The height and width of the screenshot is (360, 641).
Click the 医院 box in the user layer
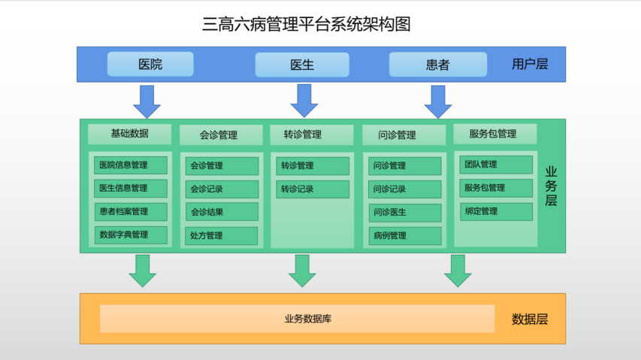(x=150, y=64)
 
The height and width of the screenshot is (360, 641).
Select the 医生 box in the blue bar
(x=301, y=65)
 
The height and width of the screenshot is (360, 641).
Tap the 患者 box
(x=437, y=65)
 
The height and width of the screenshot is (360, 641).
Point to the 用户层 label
(x=530, y=64)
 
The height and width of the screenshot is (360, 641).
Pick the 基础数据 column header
(x=129, y=134)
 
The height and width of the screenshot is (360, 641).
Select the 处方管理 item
(x=222, y=235)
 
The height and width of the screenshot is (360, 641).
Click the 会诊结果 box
(x=222, y=212)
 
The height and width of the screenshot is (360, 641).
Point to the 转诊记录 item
(x=312, y=189)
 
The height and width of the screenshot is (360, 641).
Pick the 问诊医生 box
(x=404, y=212)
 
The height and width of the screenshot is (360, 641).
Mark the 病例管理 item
(x=404, y=235)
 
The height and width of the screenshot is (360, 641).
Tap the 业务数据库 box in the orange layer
(x=298, y=319)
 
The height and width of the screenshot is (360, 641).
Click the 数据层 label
(x=530, y=319)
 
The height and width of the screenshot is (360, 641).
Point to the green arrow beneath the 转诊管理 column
(x=302, y=271)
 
